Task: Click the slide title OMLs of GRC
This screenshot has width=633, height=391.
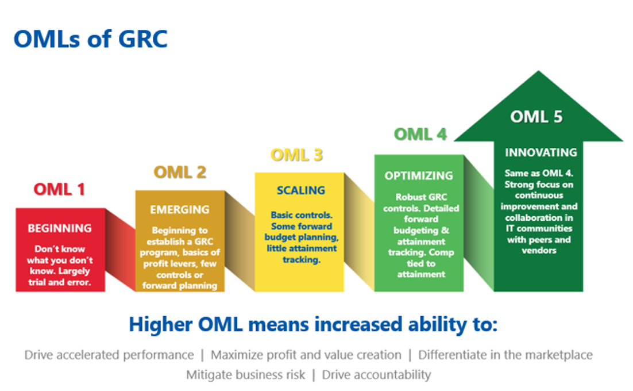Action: coord(90,39)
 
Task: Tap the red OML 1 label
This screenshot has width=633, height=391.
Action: coord(59,189)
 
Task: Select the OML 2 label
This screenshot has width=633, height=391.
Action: coord(180,172)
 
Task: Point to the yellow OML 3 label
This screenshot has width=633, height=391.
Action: coord(296,155)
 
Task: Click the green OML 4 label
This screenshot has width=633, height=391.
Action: coord(420,135)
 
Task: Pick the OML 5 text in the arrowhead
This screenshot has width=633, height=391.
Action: coord(536,117)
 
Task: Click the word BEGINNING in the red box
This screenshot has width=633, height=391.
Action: coord(60,228)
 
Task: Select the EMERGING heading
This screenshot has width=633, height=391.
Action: coord(180,210)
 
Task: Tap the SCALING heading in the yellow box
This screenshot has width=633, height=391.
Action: coord(301,190)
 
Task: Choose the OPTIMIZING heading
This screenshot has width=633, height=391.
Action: coord(419,176)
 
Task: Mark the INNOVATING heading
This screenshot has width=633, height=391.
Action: coord(541,152)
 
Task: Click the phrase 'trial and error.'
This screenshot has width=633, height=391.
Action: coord(60,282)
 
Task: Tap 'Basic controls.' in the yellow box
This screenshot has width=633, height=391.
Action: coord(302,215)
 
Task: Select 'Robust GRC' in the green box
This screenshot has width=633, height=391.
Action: coord(421,197)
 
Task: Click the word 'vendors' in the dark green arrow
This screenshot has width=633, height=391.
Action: coord(539,251)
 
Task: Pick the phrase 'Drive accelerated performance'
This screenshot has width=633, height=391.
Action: coord(109,355)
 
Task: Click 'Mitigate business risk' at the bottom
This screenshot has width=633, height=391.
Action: coord(245,375)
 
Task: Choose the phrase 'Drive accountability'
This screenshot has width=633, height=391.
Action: coord(376,375)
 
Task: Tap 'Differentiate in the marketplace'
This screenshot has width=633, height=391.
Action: coord(505,355)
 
